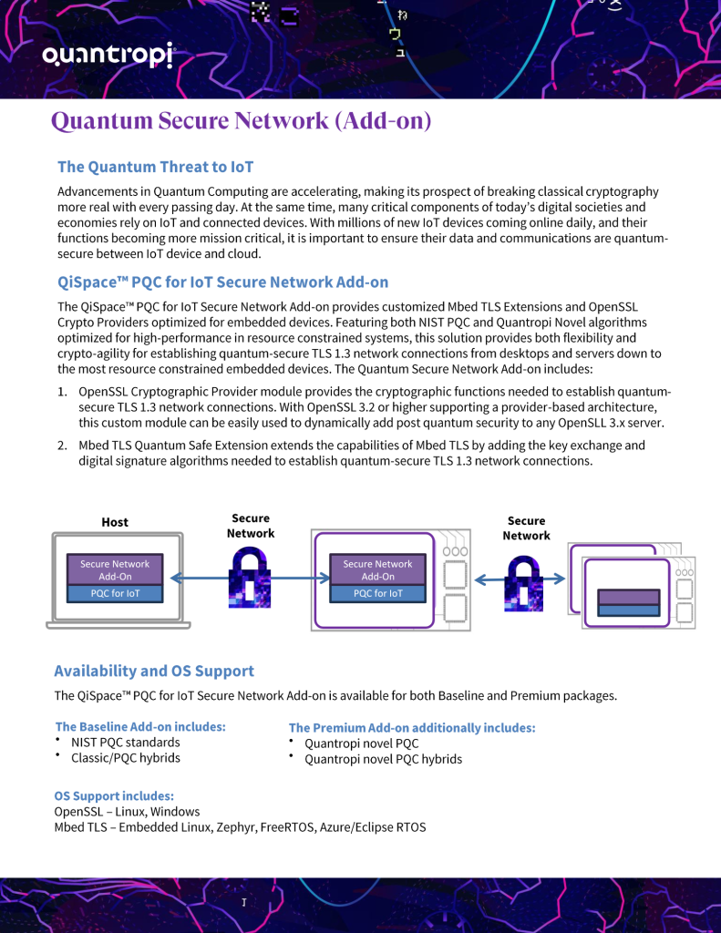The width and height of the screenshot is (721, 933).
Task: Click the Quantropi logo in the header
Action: coord(108,56)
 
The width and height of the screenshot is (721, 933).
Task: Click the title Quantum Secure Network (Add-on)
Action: coord(242,121)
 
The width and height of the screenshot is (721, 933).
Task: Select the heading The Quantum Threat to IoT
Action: coord(155,168)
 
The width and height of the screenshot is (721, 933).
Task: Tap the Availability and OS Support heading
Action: coord(154,672)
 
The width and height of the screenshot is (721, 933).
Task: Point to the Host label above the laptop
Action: coord(115,522)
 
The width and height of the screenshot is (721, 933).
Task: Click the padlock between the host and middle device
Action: coord(250,577)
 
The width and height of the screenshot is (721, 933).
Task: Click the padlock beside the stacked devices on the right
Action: coord(524,584)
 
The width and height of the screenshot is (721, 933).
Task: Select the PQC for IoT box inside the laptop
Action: coord(115,593)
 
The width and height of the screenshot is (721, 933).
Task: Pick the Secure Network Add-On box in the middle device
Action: coord(377,570)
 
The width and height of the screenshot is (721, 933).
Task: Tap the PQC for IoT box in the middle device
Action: coord(377,593)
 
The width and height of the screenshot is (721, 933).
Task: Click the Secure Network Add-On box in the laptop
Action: coord(115,570)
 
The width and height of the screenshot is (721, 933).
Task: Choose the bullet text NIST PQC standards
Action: coord(126,743)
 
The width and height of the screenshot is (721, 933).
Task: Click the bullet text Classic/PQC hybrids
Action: coord(126,758)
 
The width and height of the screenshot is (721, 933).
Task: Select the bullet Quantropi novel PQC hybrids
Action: coord(384,759)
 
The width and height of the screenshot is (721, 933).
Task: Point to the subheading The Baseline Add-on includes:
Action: coord(140,726)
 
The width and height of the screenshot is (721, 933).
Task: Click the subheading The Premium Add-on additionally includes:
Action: coord(412,728)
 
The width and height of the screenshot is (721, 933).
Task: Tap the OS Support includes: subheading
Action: coord(114,796)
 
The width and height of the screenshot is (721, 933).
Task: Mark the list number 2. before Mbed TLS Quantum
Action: coord(63,445)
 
